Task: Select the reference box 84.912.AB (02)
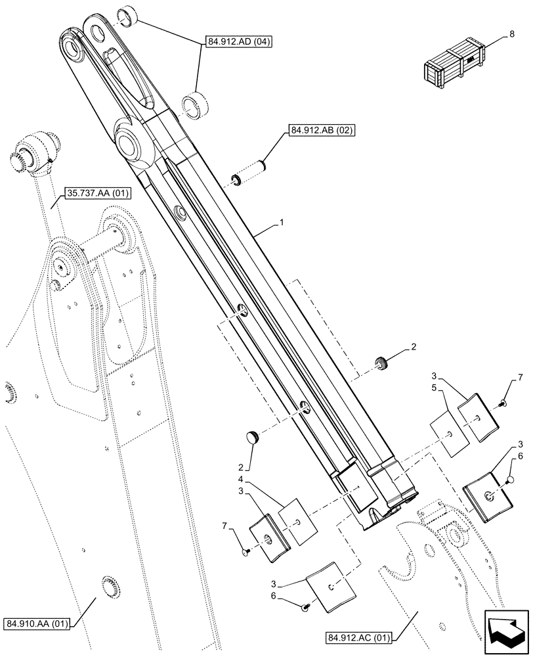click(320, 130)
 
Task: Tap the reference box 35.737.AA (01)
click(98, 193)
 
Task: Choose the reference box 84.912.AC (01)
click(358, 636)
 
